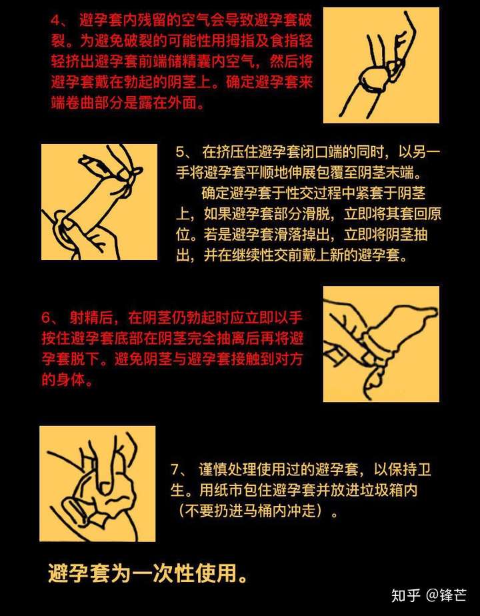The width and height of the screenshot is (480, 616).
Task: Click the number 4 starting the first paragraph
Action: tap(55, 21)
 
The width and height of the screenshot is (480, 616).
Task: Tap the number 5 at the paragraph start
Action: tap(179, 152)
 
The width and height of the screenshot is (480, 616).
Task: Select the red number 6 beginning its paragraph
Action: tap(46, 317)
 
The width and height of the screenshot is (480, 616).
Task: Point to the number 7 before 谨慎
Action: tap(175, 469)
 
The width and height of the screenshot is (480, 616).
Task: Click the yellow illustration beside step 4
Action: tap(381, 65)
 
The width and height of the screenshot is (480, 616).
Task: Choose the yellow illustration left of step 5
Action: tap(99, 202)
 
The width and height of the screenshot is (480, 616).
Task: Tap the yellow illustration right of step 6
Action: tap(381, 344)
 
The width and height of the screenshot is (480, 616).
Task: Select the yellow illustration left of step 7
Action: tap(97, 483)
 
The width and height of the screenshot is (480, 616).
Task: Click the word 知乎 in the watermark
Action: tap(406, 595)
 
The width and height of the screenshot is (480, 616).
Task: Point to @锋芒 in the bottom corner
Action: tap(446, 595)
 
